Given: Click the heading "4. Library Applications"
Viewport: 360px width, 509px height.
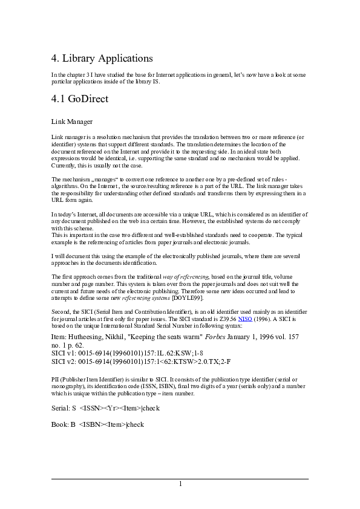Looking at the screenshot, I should [102, 59].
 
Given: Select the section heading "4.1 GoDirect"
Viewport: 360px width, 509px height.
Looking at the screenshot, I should [80, 98].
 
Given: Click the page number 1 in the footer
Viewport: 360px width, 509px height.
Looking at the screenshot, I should [180, 484].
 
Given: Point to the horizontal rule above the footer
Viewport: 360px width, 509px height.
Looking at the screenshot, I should [180, 479].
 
